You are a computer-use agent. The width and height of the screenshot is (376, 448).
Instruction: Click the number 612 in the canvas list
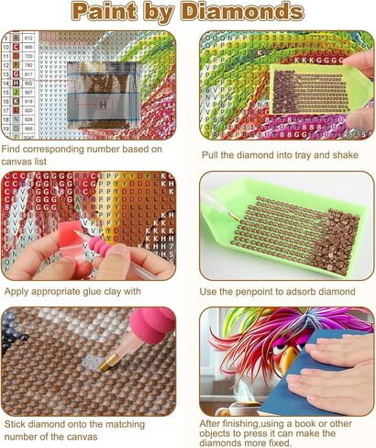(x=28, y=37)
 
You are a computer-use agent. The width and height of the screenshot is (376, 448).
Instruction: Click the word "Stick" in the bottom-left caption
(x=17, y=424)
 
